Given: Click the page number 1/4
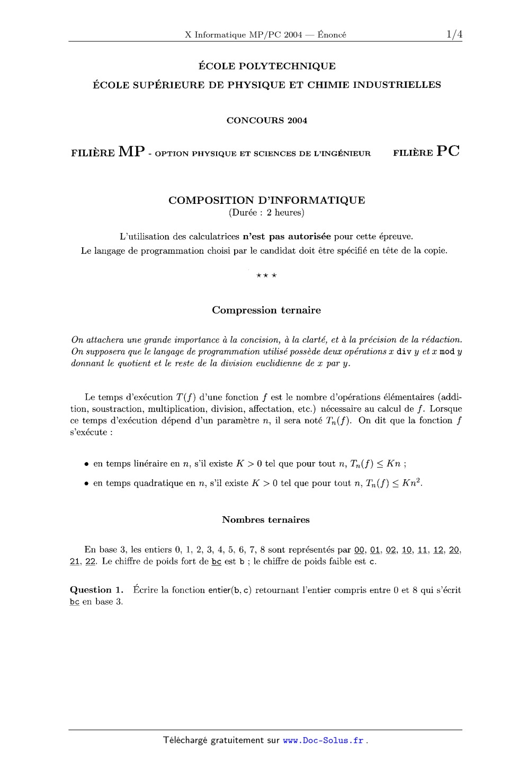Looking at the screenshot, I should point(454,35).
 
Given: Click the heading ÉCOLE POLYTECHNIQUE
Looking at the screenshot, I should point(266,66).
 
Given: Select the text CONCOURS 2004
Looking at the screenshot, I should point(266,120).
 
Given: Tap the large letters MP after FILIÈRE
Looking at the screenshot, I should point(132,151).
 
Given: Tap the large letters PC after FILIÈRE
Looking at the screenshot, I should point(448,151).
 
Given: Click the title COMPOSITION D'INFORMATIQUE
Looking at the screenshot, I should point(266,200).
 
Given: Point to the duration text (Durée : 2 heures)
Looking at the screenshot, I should point(266,213).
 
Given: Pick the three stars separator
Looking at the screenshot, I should point(266,275).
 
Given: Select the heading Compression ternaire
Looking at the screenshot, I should point(266,310).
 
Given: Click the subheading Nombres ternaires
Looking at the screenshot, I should point(266,520).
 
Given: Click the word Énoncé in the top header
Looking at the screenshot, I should point(332,35).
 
